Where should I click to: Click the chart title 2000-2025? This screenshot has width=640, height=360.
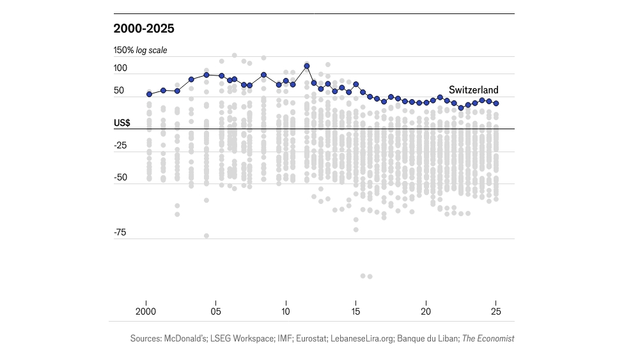click(144, 28)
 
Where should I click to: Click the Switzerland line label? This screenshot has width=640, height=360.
click(473, 90)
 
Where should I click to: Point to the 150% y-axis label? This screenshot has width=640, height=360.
click(123, 50)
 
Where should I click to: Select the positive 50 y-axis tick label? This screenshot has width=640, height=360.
click(120, 91)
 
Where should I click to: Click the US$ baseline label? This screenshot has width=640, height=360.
click(122, 123)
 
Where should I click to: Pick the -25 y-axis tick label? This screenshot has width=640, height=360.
click(121, 146)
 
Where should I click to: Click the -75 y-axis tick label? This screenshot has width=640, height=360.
click(121, 233)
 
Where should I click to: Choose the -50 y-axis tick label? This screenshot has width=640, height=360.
click(121, 178)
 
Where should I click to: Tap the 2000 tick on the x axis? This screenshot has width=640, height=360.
click(146, 312)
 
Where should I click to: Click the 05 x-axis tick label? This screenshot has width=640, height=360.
click(216, 312)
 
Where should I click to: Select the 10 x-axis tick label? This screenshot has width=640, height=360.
click(286, 312)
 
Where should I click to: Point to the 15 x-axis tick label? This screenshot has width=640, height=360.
click(355, 312)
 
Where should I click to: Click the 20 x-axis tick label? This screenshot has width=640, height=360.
click(426, 312)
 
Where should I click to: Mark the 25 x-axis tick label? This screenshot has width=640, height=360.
click(496, 312)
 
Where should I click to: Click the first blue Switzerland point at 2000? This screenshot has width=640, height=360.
click(149, 94)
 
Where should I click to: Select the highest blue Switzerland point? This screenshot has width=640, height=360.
click(307, 66)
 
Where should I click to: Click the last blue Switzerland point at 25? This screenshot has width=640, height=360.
click(496, 103)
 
